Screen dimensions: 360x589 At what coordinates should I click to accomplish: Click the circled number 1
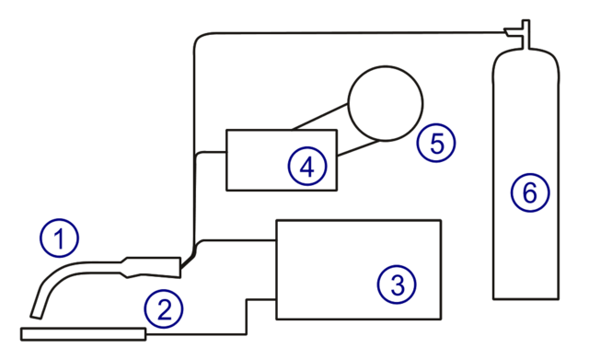tap(60, 239)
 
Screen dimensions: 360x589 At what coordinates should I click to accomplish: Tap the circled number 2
tap(164, 309)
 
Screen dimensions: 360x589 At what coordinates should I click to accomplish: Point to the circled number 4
tap(307, 167)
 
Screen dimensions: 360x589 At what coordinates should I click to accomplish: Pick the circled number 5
tap(435, 143)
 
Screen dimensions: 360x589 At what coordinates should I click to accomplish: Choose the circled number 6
tap(530, 193)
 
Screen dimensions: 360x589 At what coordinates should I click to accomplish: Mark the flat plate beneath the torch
tap(83, 334)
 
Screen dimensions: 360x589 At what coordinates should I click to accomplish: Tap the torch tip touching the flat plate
tap(38, 318)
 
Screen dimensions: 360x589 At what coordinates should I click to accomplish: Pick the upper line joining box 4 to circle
tap(318, 120)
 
